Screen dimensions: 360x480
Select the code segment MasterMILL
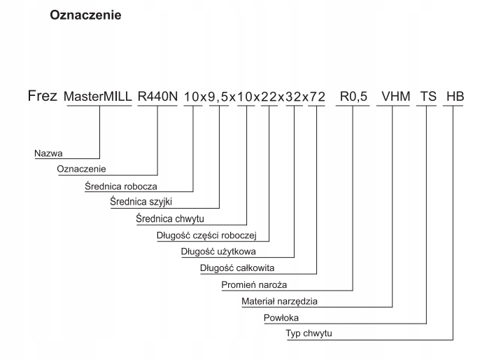[98, 97]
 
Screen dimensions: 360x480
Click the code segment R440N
[157, 97]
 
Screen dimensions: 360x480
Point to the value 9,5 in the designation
[220, 97]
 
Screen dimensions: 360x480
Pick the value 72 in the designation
[316, 97]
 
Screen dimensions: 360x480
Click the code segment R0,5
[352, 97]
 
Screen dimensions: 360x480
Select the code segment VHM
[392, 97]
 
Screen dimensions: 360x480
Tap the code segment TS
[426, 97]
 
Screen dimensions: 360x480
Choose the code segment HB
[454, 97]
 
